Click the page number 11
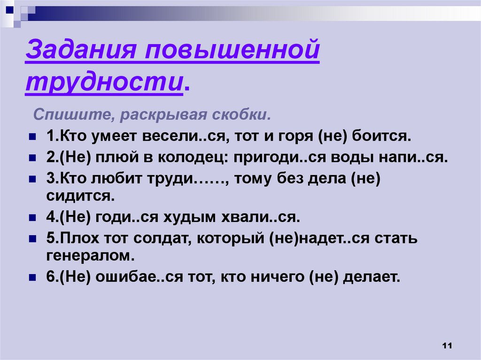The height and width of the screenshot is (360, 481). coord(447,346)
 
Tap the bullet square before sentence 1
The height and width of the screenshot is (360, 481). coord(32,138)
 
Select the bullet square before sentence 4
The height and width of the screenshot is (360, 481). coord(32,219)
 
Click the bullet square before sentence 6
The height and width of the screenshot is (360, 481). coord(32,278)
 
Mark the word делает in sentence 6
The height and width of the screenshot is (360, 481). coord(372,277)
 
